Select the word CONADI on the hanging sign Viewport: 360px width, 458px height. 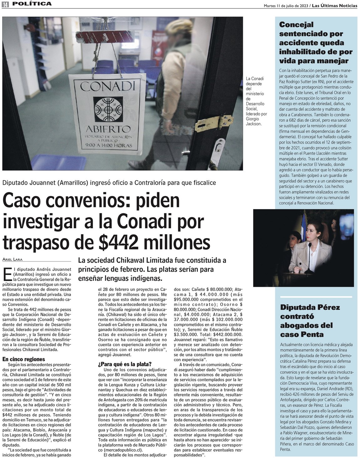click(x=108, y=86)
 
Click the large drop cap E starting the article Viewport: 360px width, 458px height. click(x=8, y=274)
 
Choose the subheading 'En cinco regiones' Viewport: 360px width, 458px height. click(x=24, y=359)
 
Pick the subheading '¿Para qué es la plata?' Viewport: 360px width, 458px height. click(x=125, y=364)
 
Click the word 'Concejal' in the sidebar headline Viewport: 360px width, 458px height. click(x=296, y=25)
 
